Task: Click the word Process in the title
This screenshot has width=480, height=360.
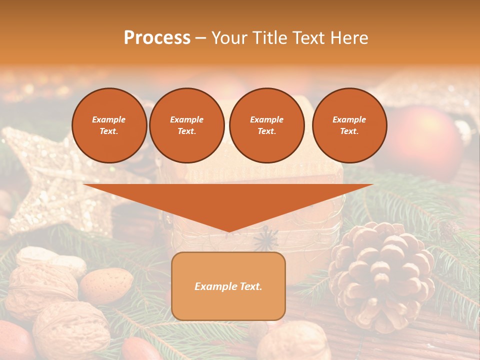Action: point(157,38)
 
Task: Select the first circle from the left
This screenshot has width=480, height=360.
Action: point(109,125)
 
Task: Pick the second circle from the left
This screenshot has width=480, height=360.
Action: point(186,125)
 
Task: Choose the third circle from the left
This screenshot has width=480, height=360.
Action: point(266,125)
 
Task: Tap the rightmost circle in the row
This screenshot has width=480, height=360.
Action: point(349,125)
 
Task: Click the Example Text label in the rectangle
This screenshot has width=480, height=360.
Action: point(228,286)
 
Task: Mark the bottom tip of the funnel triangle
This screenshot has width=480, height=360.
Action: point(228,231)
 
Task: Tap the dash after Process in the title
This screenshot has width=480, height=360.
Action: point(200,38)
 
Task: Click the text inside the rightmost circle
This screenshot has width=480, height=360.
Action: point(349,125)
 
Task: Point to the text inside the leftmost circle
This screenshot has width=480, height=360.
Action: point(109,125)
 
